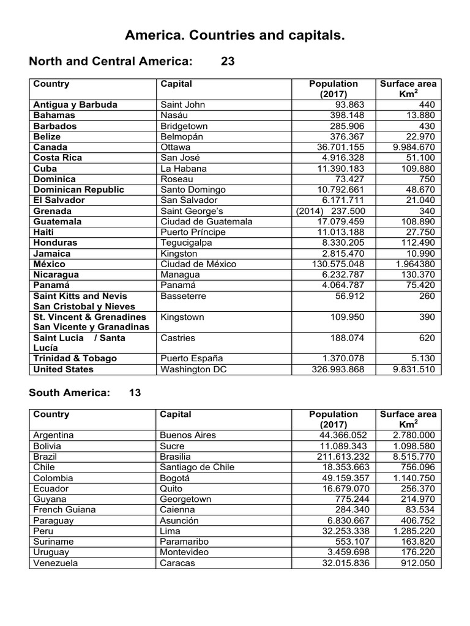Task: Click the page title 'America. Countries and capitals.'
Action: pyautogui.click(x=235, y=37)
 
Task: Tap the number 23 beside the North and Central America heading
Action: pyautogui.click(x=228, y=62)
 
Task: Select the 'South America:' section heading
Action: pyautogui.click(x=70, y=393)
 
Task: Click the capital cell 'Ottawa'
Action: pyautogui.click(x=175, y=147)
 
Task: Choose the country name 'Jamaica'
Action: pyautogui.click(x=52, y=254)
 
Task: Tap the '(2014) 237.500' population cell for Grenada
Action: pyautogui.click(x=333, y=211)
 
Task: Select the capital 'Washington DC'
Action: pyautogui.click(x=190, y=369)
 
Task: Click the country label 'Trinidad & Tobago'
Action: pyautogui.click(x=75, y=358)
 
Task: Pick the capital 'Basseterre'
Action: pyautogui.click(x=183, y=296)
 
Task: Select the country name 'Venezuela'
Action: pyautogui.click(x=56, y=563)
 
